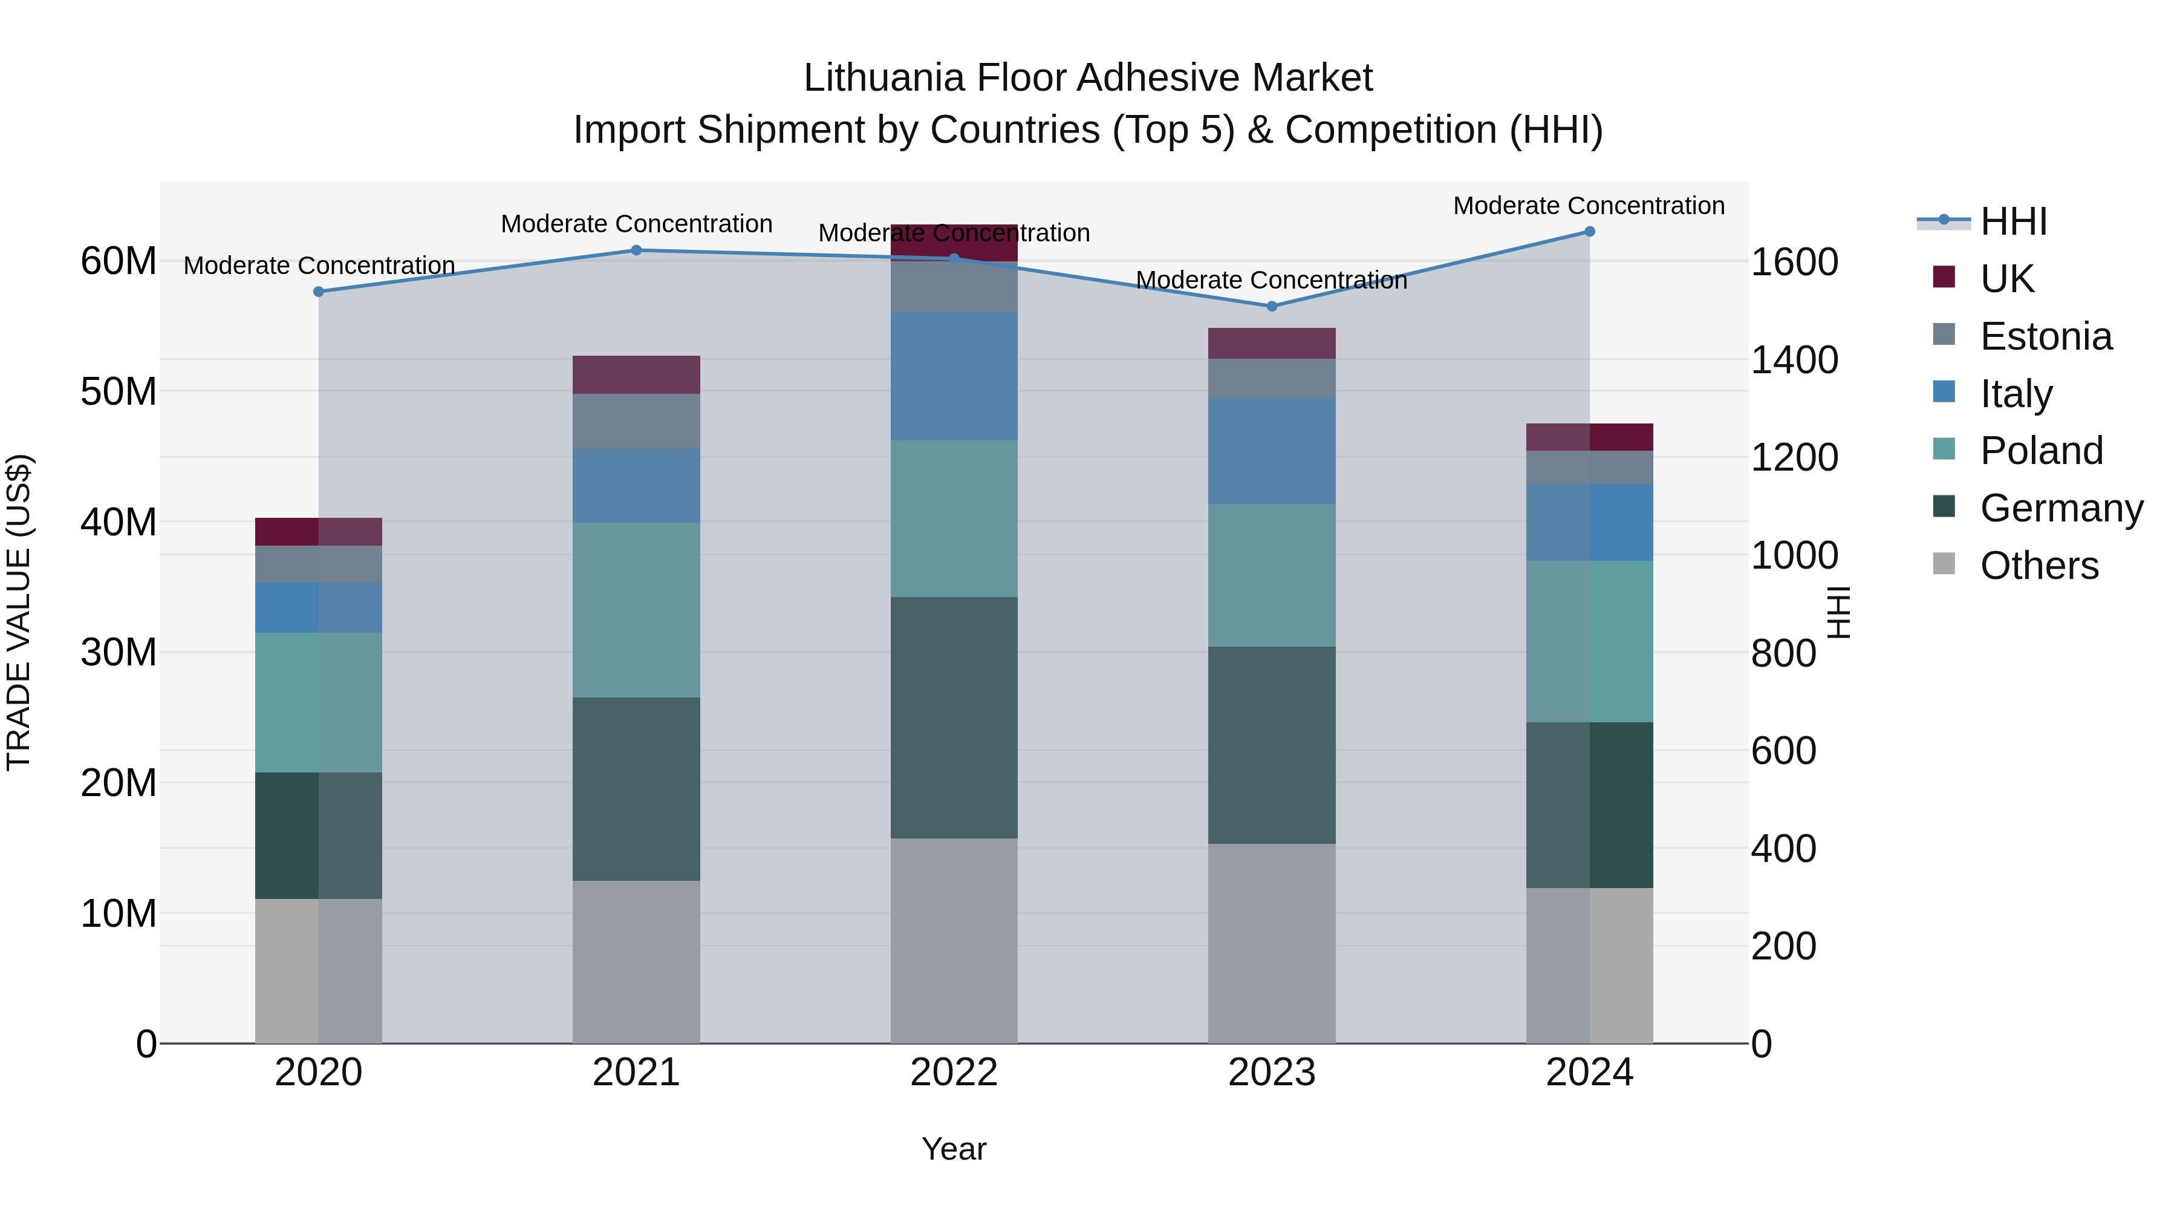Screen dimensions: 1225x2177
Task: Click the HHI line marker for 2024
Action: tap(1589, 232)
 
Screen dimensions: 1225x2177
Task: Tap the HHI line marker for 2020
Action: tap(319, 292)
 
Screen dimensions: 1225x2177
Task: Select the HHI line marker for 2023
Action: tap(1272, 306)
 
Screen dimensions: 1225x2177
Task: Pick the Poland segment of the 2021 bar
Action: tap(636, 610)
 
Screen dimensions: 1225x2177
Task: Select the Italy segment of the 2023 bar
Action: tap(1272, 451)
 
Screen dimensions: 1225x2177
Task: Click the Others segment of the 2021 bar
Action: tap(636, 961)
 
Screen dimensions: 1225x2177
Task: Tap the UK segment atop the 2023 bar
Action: tap(1272, 343)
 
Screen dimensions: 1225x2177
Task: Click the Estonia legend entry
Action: tap(2045, 336)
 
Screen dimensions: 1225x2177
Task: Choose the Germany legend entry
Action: tap(2060, 508)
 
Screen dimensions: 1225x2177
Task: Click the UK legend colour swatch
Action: tap(1944, 277)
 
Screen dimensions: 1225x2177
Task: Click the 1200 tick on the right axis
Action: tap(1794, 457)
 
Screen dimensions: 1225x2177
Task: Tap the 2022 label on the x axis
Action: tap(954, 1073)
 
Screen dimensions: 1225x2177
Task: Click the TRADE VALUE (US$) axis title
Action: tap(19, 612)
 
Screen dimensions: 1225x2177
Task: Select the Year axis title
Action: tap(954, 1149)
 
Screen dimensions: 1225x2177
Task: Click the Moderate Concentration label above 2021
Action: tap(636, 224)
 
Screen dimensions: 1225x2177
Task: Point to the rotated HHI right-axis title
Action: tap(1839, 612)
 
